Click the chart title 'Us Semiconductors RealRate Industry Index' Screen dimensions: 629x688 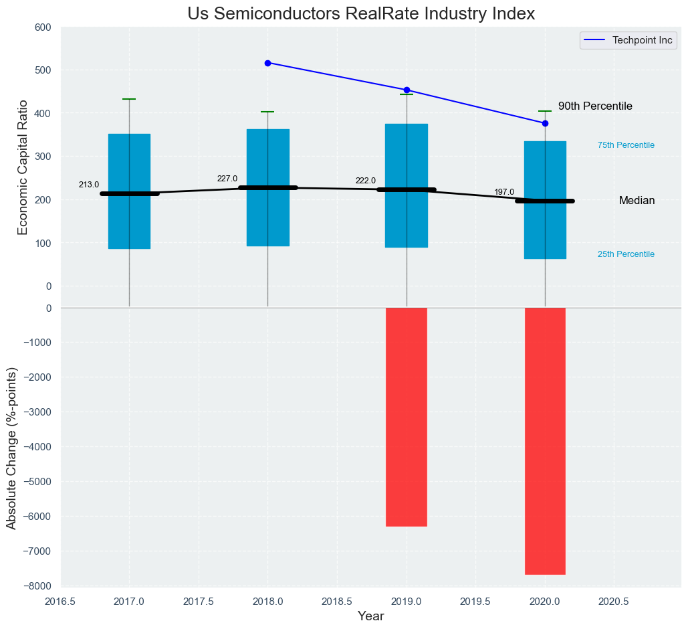click(x=361, y=13)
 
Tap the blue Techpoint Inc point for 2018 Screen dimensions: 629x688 click(x=267, y=63)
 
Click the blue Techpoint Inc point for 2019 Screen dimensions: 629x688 click(x=407, y=90)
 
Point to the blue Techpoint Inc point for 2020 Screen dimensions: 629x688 click(x=545, y=123)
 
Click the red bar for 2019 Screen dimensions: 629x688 click(x=407, y=417)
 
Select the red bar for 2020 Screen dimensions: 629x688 click(x=545, y=441)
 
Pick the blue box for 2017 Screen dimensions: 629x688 click(x=129, y=167)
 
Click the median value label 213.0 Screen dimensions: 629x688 click(x=89, y=185)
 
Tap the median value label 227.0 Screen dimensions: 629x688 click(x=227, y=179)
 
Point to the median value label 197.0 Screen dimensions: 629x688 click(x=504, y=192)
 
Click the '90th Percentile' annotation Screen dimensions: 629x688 click(x=595, y=106)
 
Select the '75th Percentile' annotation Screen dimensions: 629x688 click(x=626, y=145)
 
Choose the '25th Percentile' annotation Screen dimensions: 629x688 click(x=626, y=254)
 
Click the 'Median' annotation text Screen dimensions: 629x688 click(x=637, y=201)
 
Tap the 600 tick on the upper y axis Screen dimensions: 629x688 click(x=43, y=27)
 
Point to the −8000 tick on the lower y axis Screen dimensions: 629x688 click(x=39, y=586)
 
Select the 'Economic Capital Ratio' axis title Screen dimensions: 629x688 click(x=23, y=167)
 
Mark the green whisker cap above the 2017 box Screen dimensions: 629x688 click(x=129, y=99)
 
